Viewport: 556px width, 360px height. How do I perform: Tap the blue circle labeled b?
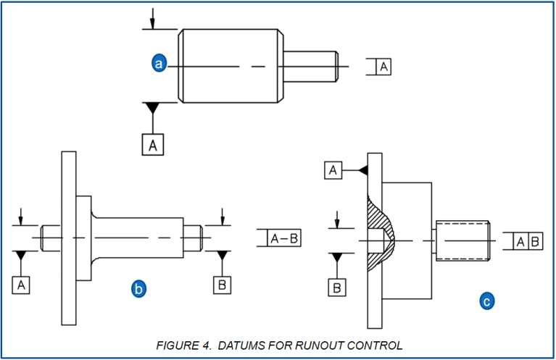pyautogui.click(x=138, y=289)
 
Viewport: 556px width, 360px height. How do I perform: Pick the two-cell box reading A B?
pyautogui.click(x=527, y=242)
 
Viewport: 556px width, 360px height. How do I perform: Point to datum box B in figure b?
pyautogui.click(x=223, y=285)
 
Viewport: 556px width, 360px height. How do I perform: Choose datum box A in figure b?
pyautogui.click(x=22, y=285)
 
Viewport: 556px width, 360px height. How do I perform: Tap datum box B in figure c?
pyautogui.click(x=336, y=288)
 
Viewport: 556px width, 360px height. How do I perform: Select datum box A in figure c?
pyautogui.click(x=333, y=170)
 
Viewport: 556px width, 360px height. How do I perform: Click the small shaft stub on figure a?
pyautogui.click(x=310, y=66)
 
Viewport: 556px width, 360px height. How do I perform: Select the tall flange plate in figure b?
pyautogui.click(x=69, y=239)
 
